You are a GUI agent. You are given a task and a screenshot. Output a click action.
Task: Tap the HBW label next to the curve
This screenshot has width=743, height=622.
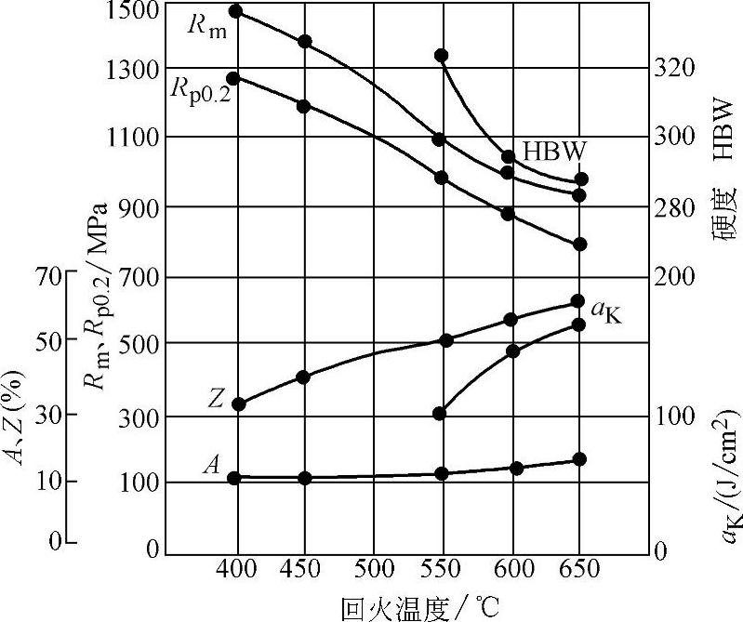pyautogui.click(x=553, y=151)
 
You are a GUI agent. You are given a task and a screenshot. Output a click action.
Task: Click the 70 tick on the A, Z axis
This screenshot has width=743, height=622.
pyautogui.click(x=48, y=275)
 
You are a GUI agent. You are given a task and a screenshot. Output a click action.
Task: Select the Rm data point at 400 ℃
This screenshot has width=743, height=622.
pyautogui.click(x=235, y=11)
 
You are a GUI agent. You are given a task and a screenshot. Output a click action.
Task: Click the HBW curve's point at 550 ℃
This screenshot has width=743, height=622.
pyautogui.click(x=442, y=56)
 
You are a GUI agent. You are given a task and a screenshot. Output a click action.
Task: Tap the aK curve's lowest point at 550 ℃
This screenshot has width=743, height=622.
pyautogui.click(x=441, y=414)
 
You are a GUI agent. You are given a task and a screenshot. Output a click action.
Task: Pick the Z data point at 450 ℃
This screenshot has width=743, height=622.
pyautogui.click(x=303, y=377)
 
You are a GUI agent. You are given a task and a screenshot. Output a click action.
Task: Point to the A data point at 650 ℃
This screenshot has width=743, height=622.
pyautogui.click(x=578, y=459)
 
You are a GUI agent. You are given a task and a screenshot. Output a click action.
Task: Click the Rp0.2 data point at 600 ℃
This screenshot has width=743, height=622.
pyautogui.click(x=508, y=214)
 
